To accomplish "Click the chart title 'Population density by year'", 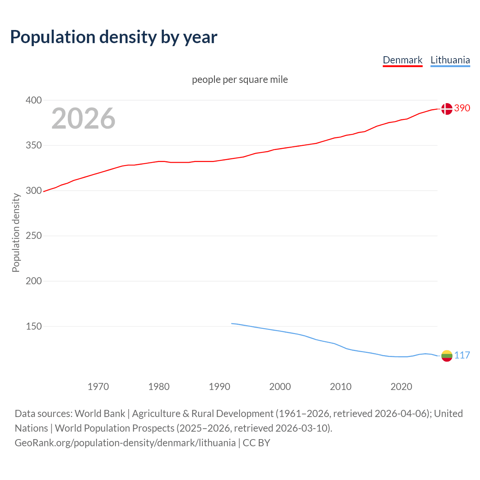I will pyautogui.click(x=114, y=37).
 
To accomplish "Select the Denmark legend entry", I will pyautogui.click(x=402, y=60).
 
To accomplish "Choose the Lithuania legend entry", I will pyautogui.click(x=450, y=60).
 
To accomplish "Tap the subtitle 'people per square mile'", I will pyautogui.click(x=240, y=79).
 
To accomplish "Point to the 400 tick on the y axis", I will pyautogui.click(x=33, y=100).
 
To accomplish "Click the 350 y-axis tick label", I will pyautogui.click(x=33, y=145).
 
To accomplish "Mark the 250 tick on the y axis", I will pyautogui.click(x=33, y=236).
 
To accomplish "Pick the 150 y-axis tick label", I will pyautogui.click(x=33, y=327).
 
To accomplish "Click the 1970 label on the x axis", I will pyautogui.click(x=98, y=387).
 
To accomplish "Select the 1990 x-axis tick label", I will pyautogui.click(x=219, y=387).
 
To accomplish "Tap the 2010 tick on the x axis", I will pyautogui.click(x=340, y=387).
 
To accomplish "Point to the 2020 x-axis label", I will pyautogui.click(x=401, y=387).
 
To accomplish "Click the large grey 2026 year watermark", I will pyautogui.click(x=83, y=118).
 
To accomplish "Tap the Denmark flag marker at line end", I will pyautogui.click(x=447, y=109).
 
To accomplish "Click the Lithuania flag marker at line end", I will pyautogui.click(x=447, y=355).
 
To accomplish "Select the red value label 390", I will pyautogui.click(x=462, y=108).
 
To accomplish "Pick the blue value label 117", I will pyautogui.click(x=462, y=355).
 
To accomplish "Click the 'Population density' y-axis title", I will pyautogui.click(x=16, y=232).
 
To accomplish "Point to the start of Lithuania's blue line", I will pyautogui.click(x=232, y=323).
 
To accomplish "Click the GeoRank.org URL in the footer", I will pyautogui.click(x=125, y=443).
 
